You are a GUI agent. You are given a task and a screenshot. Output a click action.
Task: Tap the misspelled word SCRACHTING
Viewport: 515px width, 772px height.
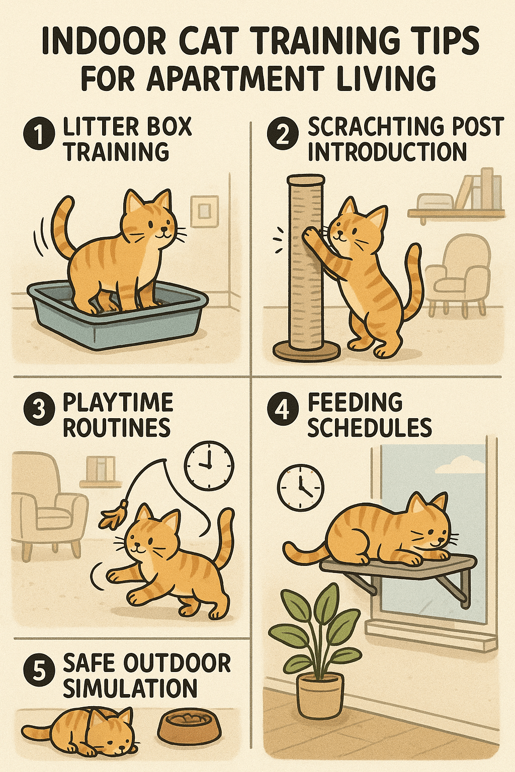coord(369,127)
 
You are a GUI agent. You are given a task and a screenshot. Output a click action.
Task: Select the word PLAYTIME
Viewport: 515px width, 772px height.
coord(118,402)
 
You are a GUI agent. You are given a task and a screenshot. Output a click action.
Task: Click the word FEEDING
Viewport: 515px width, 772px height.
coord(355,402)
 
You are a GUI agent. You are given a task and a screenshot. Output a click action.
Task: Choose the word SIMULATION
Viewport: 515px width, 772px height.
coord(130,689)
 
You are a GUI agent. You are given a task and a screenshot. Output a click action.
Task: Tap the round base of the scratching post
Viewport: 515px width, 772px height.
coord(307,350)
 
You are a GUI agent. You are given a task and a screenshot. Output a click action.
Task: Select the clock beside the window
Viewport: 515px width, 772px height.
coord(301,488)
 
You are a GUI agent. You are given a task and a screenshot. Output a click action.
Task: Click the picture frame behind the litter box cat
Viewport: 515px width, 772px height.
coord(205,211)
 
